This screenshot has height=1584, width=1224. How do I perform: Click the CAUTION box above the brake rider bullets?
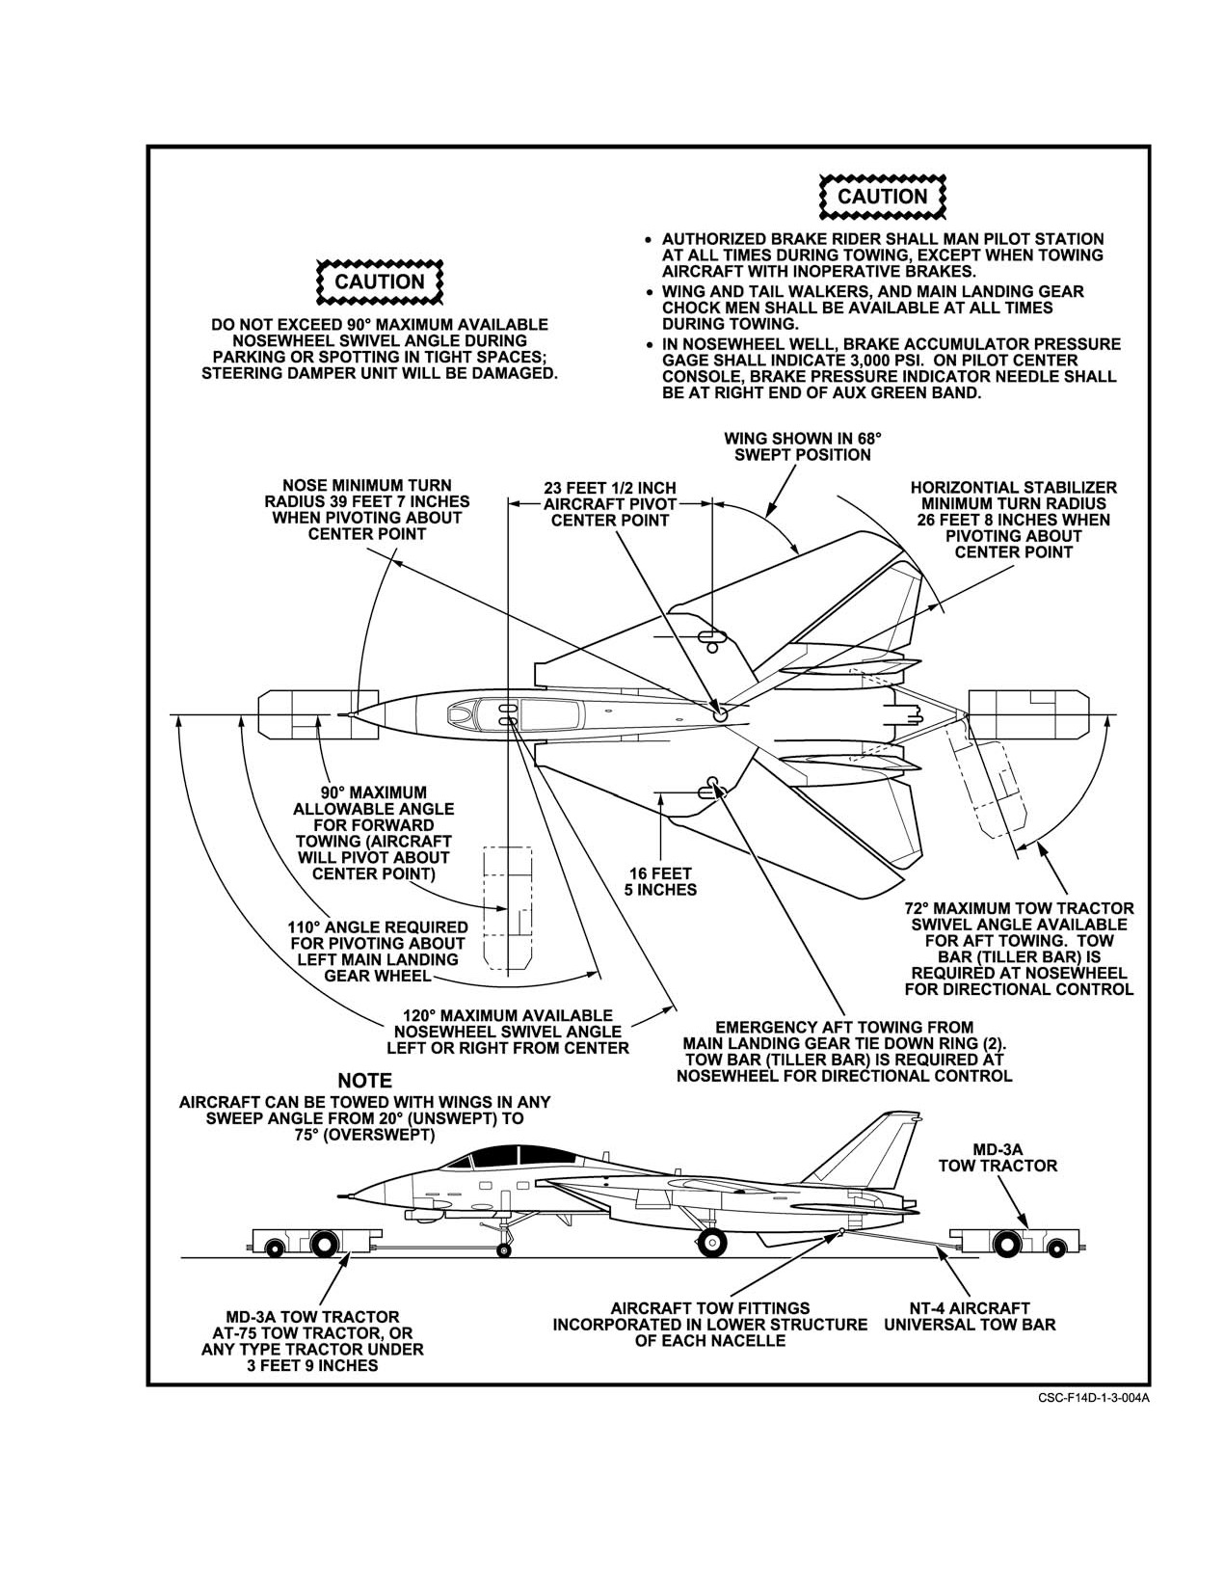[882, 197]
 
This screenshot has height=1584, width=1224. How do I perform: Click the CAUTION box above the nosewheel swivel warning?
[379, 282]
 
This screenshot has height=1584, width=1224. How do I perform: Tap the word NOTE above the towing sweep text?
[364, 1081]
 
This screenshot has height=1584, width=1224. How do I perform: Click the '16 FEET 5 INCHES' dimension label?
[660, 881]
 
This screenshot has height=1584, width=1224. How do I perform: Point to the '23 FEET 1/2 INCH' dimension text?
[610, 488]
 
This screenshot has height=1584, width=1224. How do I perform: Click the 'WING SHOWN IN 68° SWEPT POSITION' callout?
[802, 446]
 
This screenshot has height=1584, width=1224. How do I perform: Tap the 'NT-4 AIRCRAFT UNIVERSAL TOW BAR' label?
[970, 1317]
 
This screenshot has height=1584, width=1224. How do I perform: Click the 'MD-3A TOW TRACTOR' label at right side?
[998, 1158]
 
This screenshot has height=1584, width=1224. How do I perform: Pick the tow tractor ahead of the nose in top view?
[318, 715]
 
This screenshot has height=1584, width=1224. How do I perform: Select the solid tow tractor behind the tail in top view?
[1028, 714]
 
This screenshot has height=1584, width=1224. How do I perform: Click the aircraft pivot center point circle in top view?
[720, 715]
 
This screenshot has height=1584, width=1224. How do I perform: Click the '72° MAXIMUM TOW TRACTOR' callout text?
[1020, 909]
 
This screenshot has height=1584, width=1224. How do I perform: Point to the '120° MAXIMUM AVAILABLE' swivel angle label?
[508, 1015]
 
